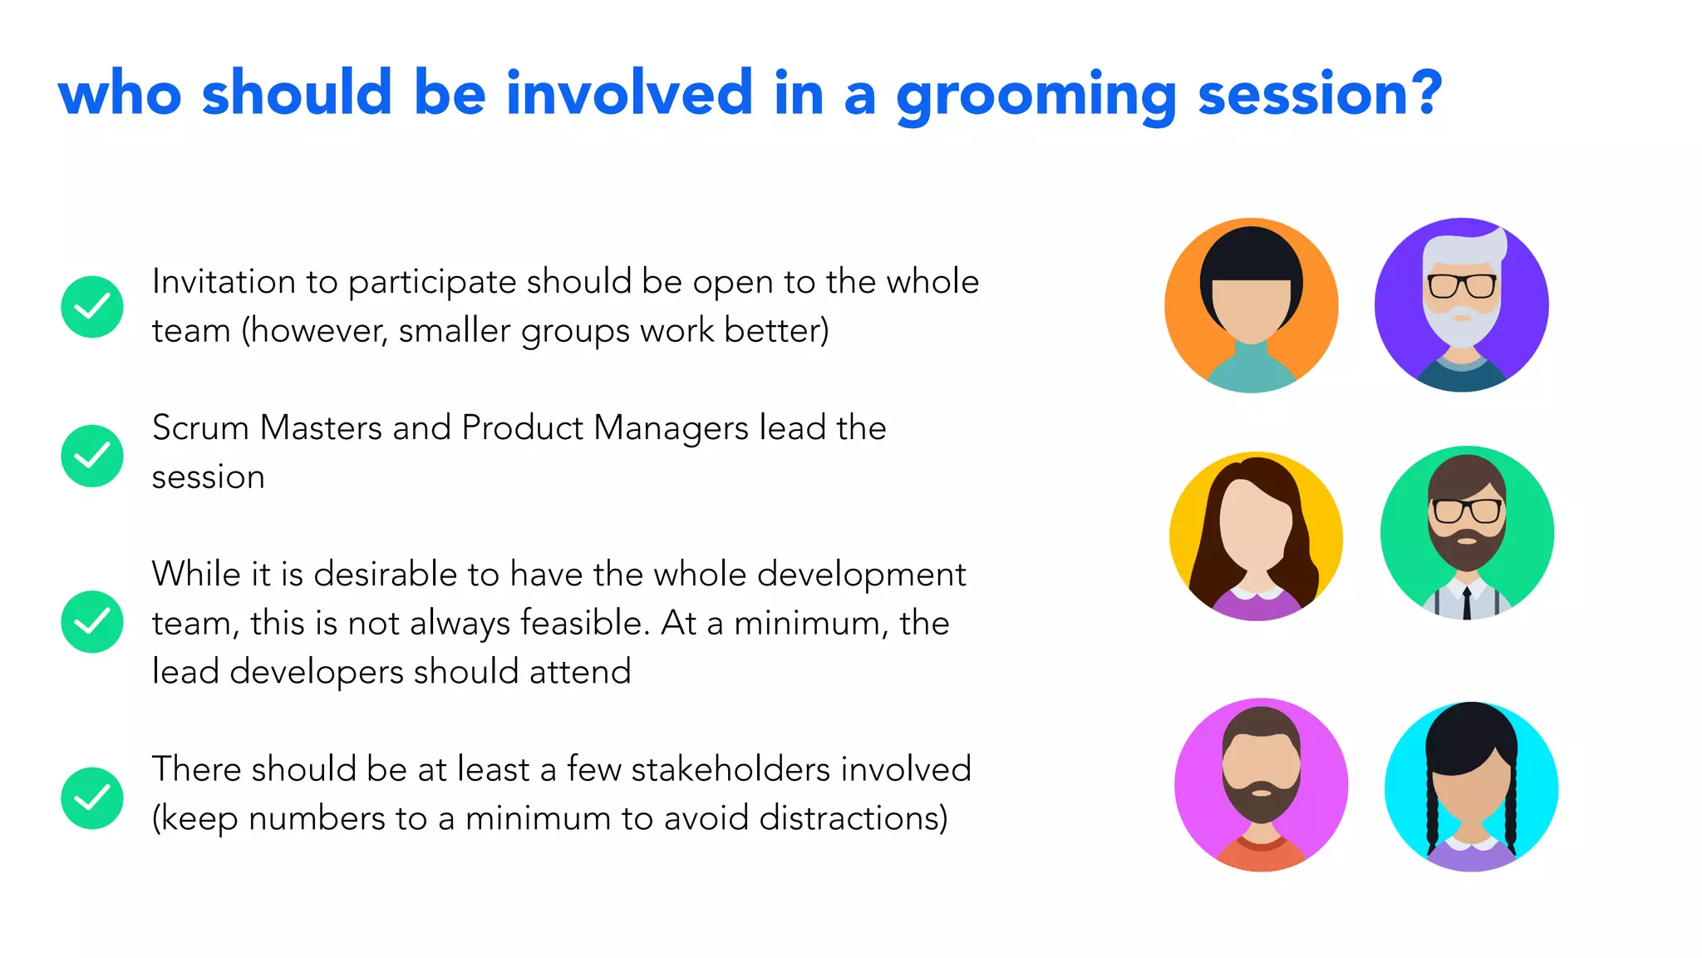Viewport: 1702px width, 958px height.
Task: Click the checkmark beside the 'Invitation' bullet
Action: tap(92, 307)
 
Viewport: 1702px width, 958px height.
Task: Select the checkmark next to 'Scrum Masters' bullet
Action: tap(92, 456)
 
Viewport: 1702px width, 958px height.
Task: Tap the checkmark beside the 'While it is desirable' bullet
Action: tap(92, 622)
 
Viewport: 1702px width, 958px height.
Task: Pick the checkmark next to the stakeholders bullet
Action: tap(92, 798)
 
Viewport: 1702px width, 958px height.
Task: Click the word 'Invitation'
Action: tap(223, 282)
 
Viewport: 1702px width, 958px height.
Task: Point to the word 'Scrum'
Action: tap(200, 428)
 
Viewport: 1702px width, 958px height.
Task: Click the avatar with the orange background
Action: tap(1252, 305)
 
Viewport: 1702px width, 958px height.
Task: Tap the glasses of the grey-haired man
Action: tap(1462, 286)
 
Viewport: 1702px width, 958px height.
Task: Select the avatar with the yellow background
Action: tap(1256, 536)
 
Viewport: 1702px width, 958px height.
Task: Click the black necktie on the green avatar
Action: tap(1467, 604)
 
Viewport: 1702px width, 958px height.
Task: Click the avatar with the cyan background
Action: tap(1471, 787)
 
